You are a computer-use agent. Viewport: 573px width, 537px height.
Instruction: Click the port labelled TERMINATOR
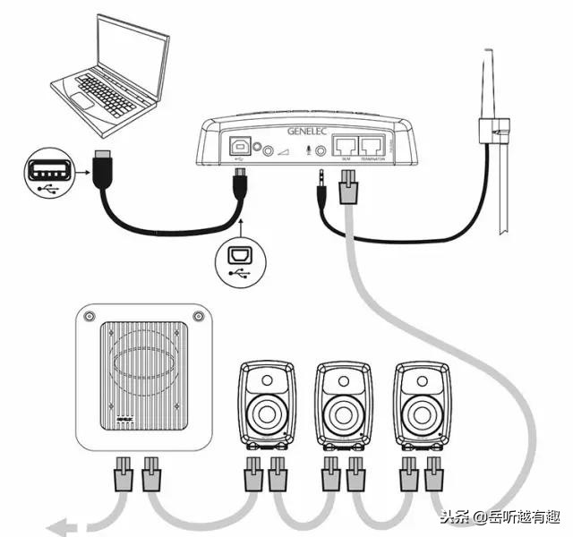point(372,143)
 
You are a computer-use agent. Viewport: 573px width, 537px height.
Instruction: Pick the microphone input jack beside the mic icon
point(317,151)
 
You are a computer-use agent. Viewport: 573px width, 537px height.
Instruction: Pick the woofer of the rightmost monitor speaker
point(422,415)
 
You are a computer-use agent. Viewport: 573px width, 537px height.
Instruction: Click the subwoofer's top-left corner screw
point(89,316)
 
